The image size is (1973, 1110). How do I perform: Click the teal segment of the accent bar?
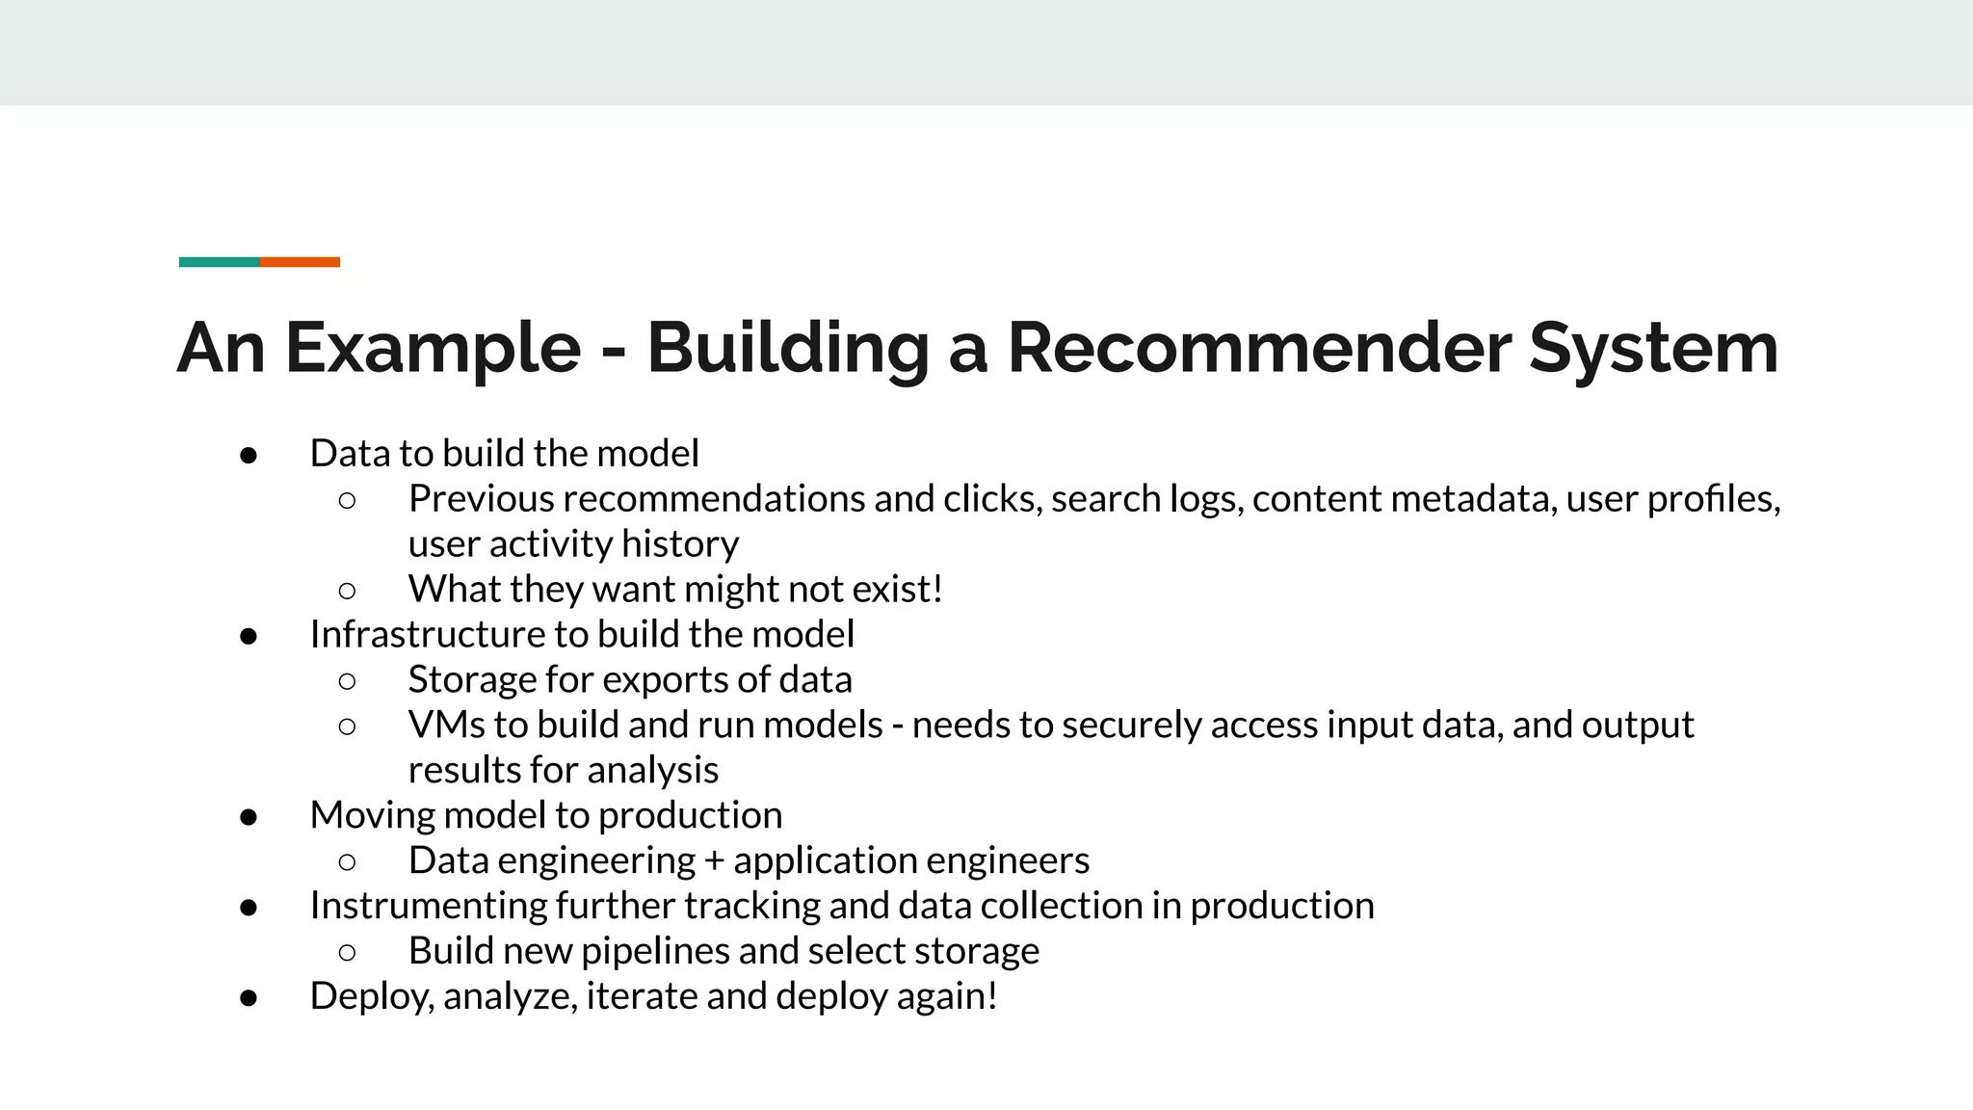219,262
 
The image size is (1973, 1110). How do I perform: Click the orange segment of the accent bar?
300,262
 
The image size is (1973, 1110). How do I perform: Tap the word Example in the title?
433,348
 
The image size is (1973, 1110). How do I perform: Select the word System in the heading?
1653,348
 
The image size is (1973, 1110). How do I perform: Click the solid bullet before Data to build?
249,455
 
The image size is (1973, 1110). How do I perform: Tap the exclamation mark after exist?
937,589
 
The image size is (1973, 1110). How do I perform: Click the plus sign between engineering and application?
714,860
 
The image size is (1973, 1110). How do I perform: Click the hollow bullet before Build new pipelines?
348,953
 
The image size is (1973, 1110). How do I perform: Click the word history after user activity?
680,544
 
